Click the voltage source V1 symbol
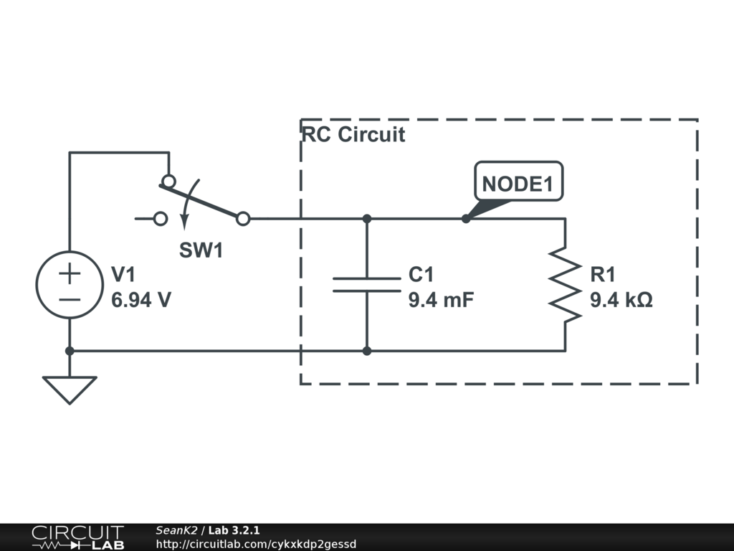pyautogui.click(x=70, y=284)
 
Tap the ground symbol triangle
pyautogui.click(x=70, y=388)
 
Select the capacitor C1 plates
pyautogui.click(x=366, y=284)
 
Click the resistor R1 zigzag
pyautogui.click(x=565, y=284)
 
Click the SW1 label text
pyautogui.click(x=201, y=250)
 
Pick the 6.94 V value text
pyautogui.click(x=141, y=300)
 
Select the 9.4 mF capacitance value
pyautogui.click(x=441, y=300)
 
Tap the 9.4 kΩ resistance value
pyautogui.click(x=621, y=300)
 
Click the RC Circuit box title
pyautogui.click(x=353, y=134)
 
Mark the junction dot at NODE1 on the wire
pyautogui.click(x=466, y=218)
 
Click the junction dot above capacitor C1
pyautogui.click(x=366, y=218)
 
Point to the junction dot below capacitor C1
pyautogui.click(x=366, y=351)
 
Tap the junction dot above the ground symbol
pyautogui.click(x=70, y=351)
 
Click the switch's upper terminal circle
pyautogui.click(x=168, y=181)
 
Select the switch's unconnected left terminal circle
pyautogui.click(x=161, y=219)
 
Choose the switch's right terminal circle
pyautogui.click(x=243, y=219)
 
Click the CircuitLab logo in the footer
pyautogui.click(x=77, y=537)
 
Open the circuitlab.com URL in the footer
pyautogui.click(x=256, y=545)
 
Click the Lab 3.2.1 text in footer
pyautogui.click(x=234, y=530)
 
